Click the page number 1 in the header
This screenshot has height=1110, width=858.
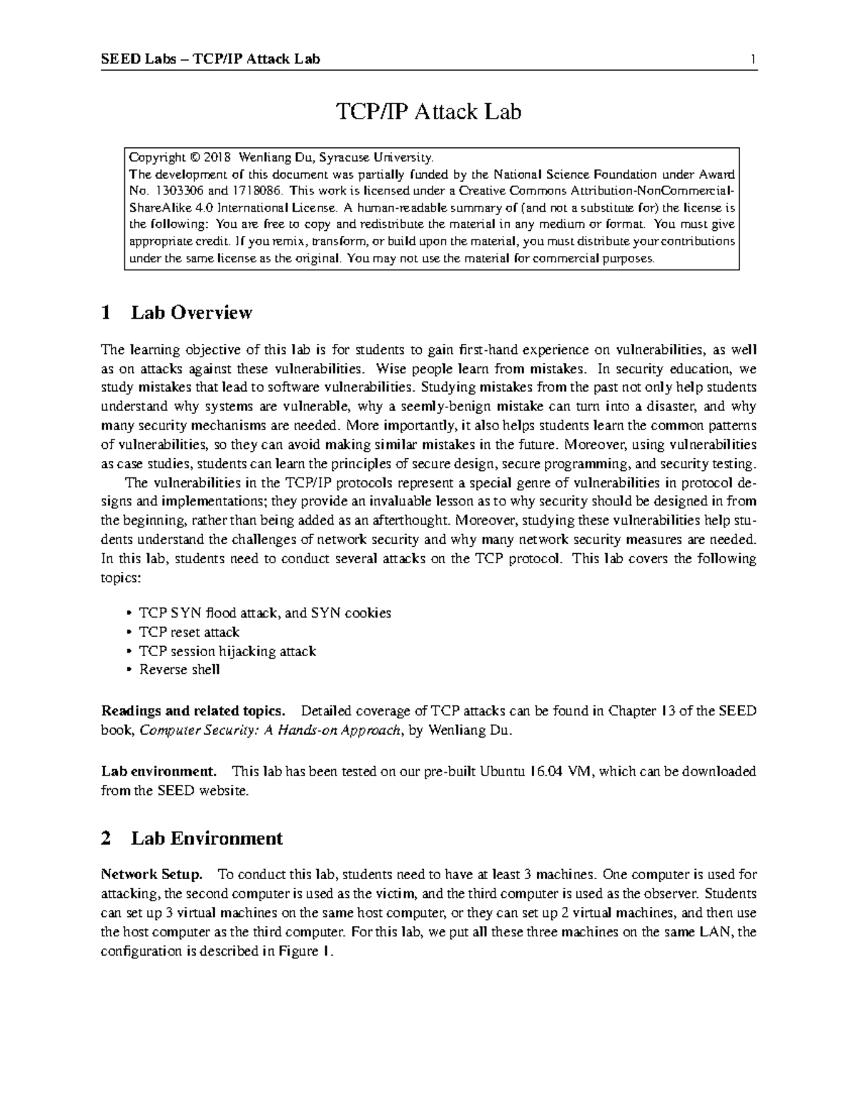pos(753,59)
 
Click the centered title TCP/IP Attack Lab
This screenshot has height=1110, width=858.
pos(428,112)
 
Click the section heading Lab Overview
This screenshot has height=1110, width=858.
pos(191,312)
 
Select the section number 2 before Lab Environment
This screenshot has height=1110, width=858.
pos(106,838)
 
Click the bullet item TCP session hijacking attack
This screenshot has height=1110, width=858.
pos(227,651)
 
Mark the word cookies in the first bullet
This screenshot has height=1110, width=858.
pos(368,613)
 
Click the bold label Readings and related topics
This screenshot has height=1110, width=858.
pos(193,711)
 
